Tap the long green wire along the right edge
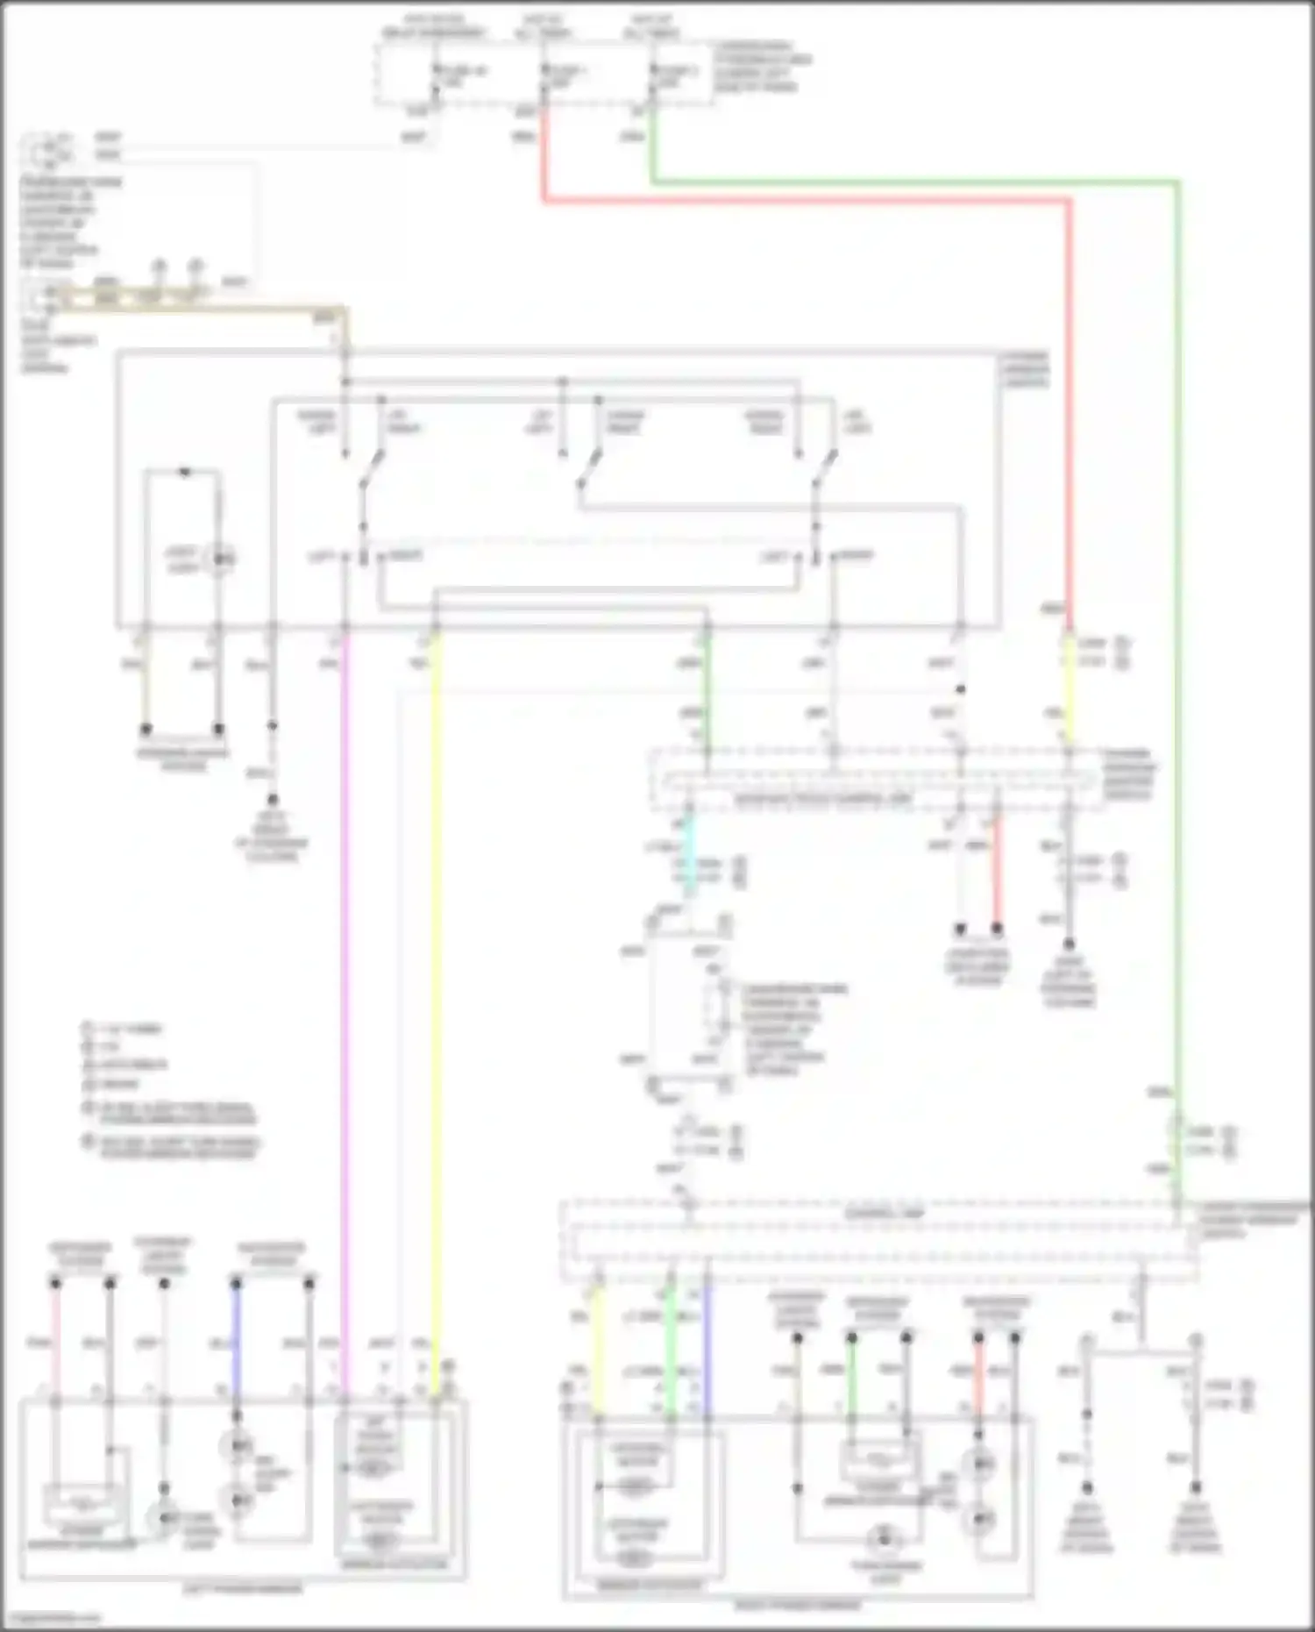1177,614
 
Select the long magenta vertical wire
345,965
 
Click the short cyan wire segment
689,855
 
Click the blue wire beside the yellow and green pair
707,1342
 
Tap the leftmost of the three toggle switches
373,465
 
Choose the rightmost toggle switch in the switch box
824,465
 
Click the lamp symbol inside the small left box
219,557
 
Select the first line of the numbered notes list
123,1029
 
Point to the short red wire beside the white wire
997,881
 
